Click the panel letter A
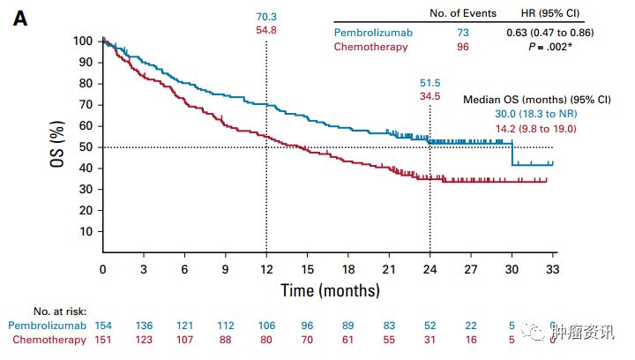click(19, 18)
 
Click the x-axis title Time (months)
click(330, 290)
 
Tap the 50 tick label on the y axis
click(85, 147)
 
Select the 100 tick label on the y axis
click(82, 41)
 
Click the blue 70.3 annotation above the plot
click(266, 16)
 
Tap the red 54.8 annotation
click(266, 30)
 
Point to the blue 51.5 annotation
click(430, 83)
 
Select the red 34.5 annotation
click(430, 96)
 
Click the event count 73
click(463, 33)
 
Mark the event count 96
click(463, 47)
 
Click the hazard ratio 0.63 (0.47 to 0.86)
click(555, 33)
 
